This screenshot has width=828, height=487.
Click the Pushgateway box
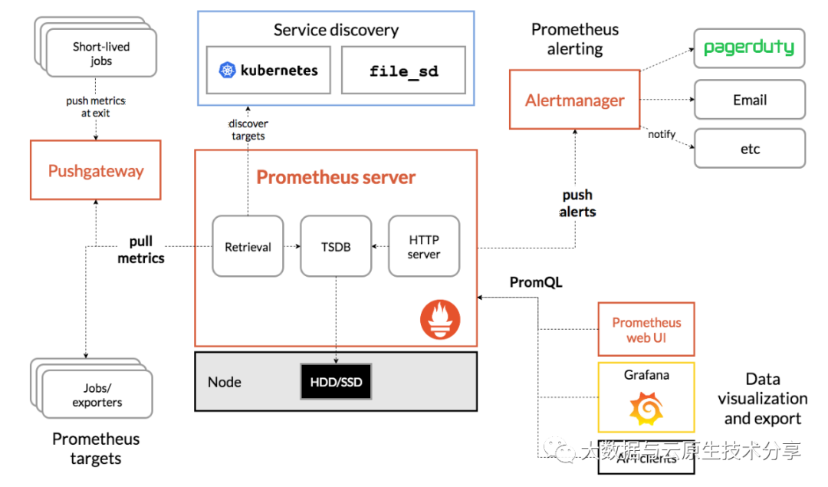(x=96, y=170)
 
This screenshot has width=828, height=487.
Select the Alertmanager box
(x=575, y=100)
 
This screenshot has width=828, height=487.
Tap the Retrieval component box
(x=248, y=246)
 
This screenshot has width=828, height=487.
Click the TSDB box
(x=336, y=246)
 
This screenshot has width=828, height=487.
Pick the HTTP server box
(x=424, y=246)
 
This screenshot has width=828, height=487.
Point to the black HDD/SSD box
(x=336, y=381)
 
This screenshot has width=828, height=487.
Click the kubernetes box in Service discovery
(x=268, y=71)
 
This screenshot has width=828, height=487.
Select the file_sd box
(x=403, y=71)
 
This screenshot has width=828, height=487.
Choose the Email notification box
(x=749, y=100)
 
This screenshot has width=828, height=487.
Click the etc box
(x=749, y=149)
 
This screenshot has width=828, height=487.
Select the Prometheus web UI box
(x=646, y=330)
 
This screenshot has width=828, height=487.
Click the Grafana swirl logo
(x=646, y=409)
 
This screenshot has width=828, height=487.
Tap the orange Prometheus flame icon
(x=440, y=321)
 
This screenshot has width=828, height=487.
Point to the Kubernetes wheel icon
(x=228, y=71)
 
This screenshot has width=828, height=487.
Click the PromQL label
(x=536, y=283)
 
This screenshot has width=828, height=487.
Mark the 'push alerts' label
(x=577, y=203)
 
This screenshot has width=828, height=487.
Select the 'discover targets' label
(x=248, y=130)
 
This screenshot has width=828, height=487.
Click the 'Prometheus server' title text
(x=336, y=177)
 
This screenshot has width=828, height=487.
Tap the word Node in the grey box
(x=225, y=382)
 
